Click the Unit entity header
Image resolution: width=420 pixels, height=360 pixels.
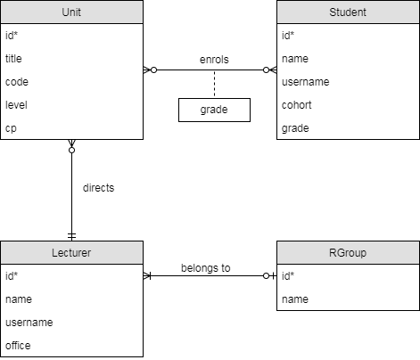pos(71,12)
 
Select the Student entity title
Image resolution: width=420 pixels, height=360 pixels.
pos(348,12)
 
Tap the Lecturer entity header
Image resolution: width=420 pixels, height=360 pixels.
pos(71,253)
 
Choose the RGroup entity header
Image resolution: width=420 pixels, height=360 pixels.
pos(348,253)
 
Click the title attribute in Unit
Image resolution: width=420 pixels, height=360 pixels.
pos(13,59)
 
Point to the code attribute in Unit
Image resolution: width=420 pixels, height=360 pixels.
pos(17,82)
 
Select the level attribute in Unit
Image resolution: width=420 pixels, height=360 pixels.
pos(16,105)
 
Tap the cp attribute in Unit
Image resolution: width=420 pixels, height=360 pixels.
pos(11,128)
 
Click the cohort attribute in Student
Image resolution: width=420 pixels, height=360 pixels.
pos(297,105)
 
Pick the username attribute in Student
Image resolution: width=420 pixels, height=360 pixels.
pos(306,82)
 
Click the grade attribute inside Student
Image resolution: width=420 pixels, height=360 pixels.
pos(295,128)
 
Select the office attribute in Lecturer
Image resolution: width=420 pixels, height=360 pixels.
pos(18,346)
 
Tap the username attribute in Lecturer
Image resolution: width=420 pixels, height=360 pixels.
pos(29,323)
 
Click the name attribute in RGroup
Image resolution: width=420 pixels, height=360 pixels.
pos(295,299)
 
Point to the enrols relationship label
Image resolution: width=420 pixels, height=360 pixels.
pos(214,60)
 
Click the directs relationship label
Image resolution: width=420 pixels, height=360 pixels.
pos(99,188)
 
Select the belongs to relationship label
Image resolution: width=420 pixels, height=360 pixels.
pos(206,268)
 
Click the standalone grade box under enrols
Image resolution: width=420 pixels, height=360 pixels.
pos(214,110)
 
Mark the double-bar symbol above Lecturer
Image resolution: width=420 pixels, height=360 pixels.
pos(71,236)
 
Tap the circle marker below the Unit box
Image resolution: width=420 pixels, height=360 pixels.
pos(71,151)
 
